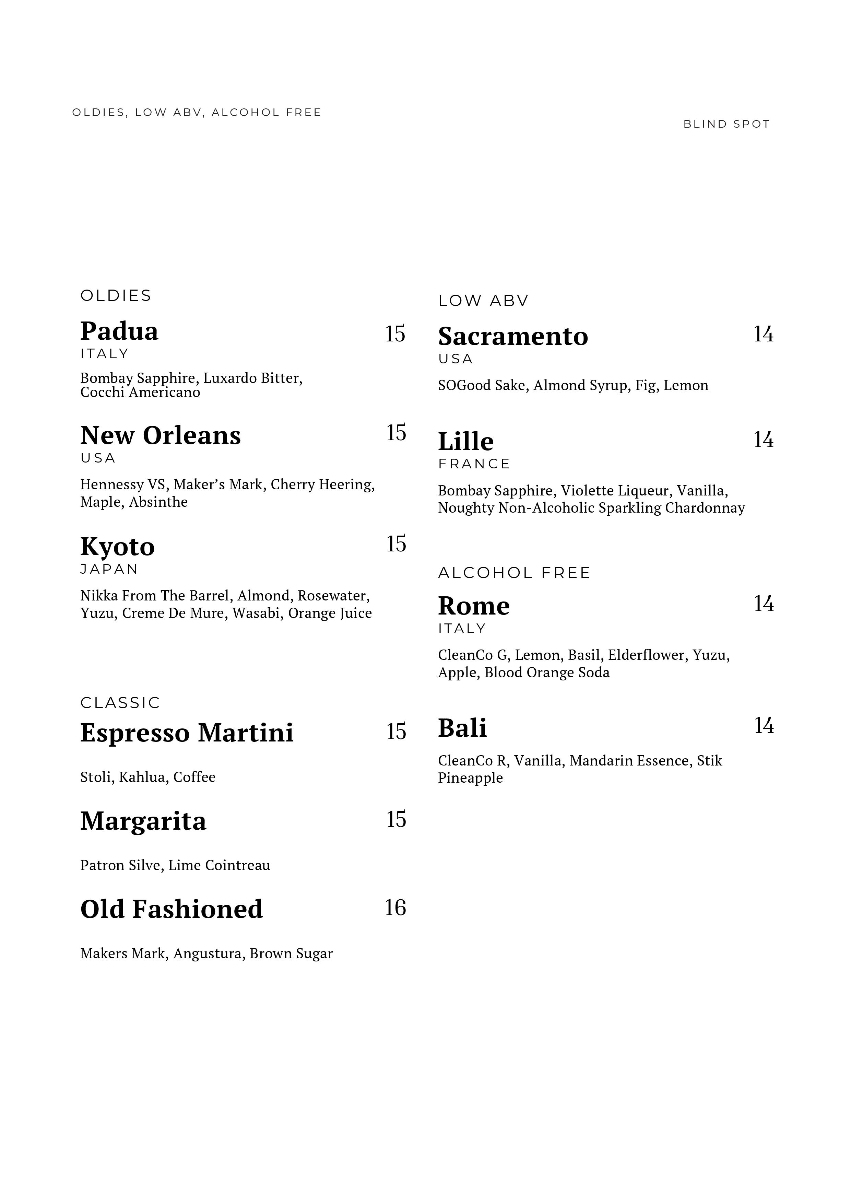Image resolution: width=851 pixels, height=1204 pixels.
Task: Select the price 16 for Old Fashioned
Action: click(x=395, y=908)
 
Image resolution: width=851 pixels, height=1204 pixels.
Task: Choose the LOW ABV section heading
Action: click(x=483, y=301)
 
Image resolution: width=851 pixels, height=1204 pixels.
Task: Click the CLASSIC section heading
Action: click(x=120, y=703)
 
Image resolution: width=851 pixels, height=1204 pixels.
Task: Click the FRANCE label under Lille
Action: click(x=474, y=464)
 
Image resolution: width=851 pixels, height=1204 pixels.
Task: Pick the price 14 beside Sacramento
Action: click(x=764, y=334)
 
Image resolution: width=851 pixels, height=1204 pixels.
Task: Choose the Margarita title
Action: click(x=143, y=821)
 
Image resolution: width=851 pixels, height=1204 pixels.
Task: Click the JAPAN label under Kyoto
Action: click(x=109, y=570)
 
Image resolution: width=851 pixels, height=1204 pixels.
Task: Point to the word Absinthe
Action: click(x=158, y=502)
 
